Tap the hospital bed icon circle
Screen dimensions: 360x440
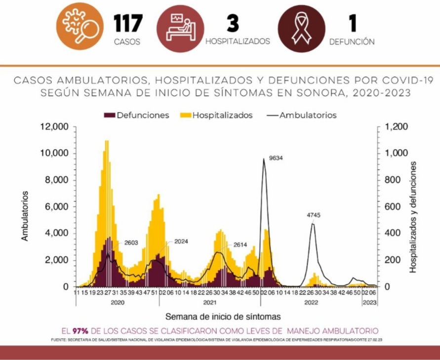pyautogui.click(x=180, y=27)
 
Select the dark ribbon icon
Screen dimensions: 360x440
pyautogui.click(x=302, y=27)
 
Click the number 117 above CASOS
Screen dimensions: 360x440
pyautogui.click(x=127, y=23)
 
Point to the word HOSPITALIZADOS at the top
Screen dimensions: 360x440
pyautogui.click(x=238, y=41)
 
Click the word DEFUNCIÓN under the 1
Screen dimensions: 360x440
pyautogui.click(x=352, y=42)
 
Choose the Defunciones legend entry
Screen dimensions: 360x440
pyautogui.click(x=136, y=115)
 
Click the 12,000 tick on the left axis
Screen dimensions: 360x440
pyautogui.click(x=54, y=127)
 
